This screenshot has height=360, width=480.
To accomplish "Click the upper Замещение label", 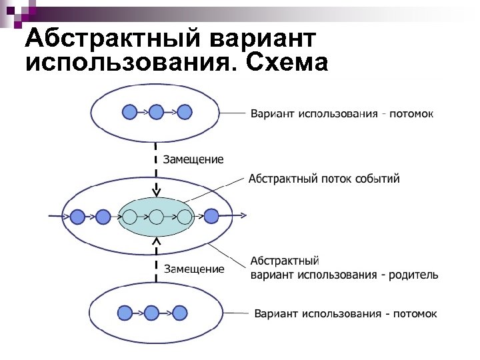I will click(194, 159).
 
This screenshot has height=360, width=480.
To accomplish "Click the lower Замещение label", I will click(195, 269).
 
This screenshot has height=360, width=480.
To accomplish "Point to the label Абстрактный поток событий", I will click(324, 179).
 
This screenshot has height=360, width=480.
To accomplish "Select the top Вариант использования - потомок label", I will click(342, 113).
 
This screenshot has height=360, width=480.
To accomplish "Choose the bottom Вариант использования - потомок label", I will click(345, 313).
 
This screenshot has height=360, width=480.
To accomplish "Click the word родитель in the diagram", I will click(413, 275).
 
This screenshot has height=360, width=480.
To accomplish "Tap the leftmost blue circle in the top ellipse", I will click(130, 112).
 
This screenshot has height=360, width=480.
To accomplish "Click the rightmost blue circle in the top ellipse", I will click(185, 112).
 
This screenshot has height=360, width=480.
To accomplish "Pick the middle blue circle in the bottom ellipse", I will click(152, 313).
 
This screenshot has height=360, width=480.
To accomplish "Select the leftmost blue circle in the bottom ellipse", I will click(124, 313).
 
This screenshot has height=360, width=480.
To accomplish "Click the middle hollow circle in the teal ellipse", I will click(156, 217).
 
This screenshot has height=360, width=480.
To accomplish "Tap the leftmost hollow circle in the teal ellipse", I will click(130, 217).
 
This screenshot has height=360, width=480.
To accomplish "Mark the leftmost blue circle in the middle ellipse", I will click(78, 217).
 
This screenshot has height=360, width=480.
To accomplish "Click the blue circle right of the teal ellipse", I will click(211, 216).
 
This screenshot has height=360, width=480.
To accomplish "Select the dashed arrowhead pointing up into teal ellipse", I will click(156, 240).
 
